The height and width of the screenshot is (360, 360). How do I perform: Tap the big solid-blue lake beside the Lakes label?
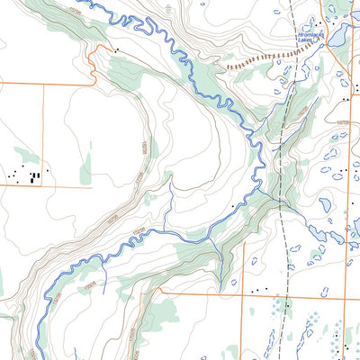(340, 37)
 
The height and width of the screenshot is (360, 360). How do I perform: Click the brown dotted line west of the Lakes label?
(252, 61)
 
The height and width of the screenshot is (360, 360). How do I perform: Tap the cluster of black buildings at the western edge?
(31, 174)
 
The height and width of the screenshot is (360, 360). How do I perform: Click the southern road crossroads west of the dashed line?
(245, 294)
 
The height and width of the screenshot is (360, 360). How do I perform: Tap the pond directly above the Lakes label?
(311, 22)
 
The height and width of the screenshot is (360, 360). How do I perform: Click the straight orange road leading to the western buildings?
(45, 186)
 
